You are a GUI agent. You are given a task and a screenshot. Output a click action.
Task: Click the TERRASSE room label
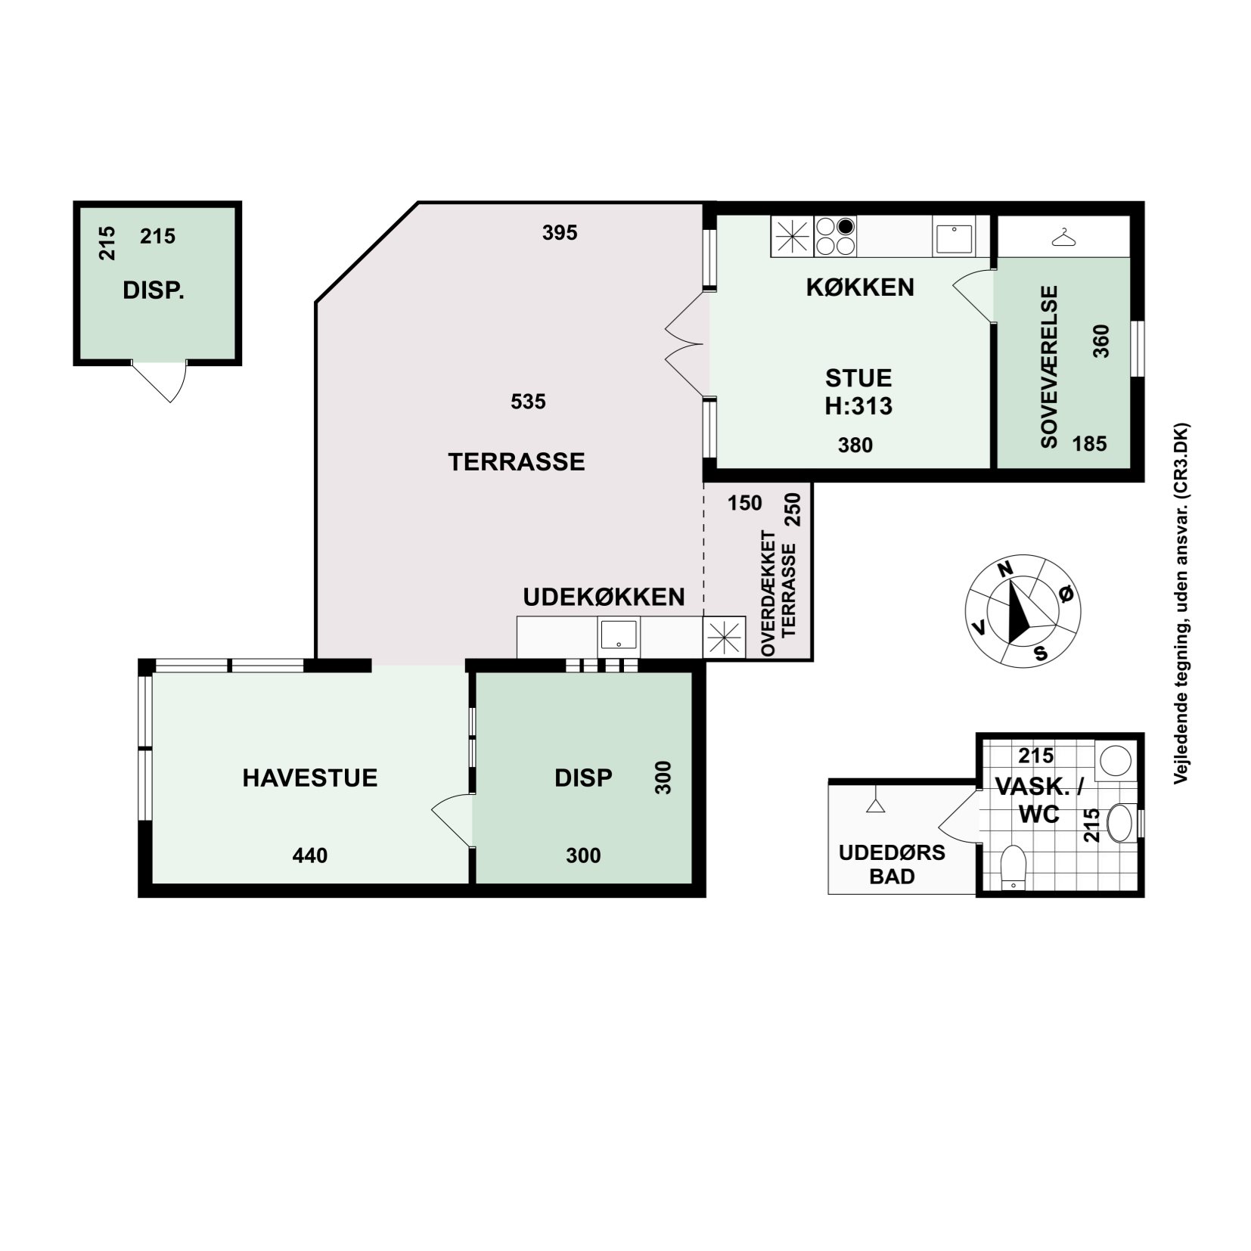[x=517, y=462]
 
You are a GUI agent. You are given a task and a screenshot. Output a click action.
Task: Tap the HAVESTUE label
[x=309, y=778]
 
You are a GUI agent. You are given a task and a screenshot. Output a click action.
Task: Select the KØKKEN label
[x=860, y=287]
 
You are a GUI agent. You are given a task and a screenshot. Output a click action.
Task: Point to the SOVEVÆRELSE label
[x=1049, y=367]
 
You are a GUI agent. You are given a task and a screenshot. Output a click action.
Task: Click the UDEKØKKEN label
[x=604, y=597]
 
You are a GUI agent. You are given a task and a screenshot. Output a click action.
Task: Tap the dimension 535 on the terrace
[x=528, y=402]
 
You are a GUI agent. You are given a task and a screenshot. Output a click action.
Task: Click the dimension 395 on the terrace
[x=560, y=233]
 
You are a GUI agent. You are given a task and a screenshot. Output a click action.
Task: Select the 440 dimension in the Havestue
[x=310, y=855]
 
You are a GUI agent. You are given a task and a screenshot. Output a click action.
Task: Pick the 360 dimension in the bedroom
[x=1101, y=341]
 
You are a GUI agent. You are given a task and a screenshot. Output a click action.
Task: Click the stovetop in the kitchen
[x=836, y=236]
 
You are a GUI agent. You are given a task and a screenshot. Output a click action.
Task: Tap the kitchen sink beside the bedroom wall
[x=955, y=237]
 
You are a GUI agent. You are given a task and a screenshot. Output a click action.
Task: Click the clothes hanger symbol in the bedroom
[x=1064, y=237]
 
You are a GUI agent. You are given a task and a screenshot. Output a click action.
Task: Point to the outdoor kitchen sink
[x=619, y=636]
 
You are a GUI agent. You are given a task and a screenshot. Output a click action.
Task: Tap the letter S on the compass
[x=1041, y=653]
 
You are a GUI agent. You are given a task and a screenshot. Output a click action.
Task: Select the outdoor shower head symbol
[x=875, y=801]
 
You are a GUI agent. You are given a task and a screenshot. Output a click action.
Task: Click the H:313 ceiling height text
[x=858, y=406]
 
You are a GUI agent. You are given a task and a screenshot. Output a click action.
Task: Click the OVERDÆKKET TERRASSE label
[x=779, y=593]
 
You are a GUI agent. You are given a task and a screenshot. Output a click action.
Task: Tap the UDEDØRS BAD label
[x=892, y=865]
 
